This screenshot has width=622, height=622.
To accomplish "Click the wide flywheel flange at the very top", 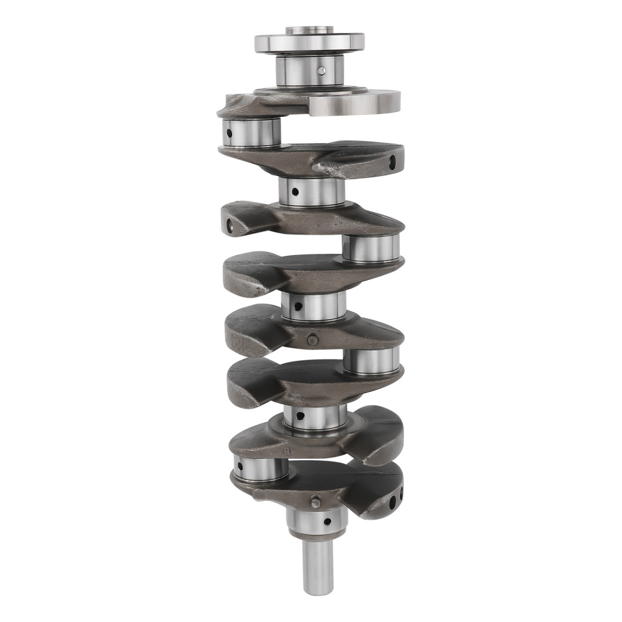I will tap(309, 43).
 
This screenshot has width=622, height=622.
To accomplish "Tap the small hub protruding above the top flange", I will tap(309, 30).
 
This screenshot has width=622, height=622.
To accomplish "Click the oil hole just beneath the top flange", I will tap(321, 71).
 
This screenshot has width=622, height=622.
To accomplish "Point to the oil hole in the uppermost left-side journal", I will tap(229, 132).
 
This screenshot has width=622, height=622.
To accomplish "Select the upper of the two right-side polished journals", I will tap(371, 248).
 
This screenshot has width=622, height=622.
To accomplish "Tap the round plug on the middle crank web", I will tap(312, 339).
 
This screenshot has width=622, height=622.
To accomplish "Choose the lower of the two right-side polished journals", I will tap(371, 361).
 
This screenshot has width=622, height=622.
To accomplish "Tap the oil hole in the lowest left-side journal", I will tap(240, 464).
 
